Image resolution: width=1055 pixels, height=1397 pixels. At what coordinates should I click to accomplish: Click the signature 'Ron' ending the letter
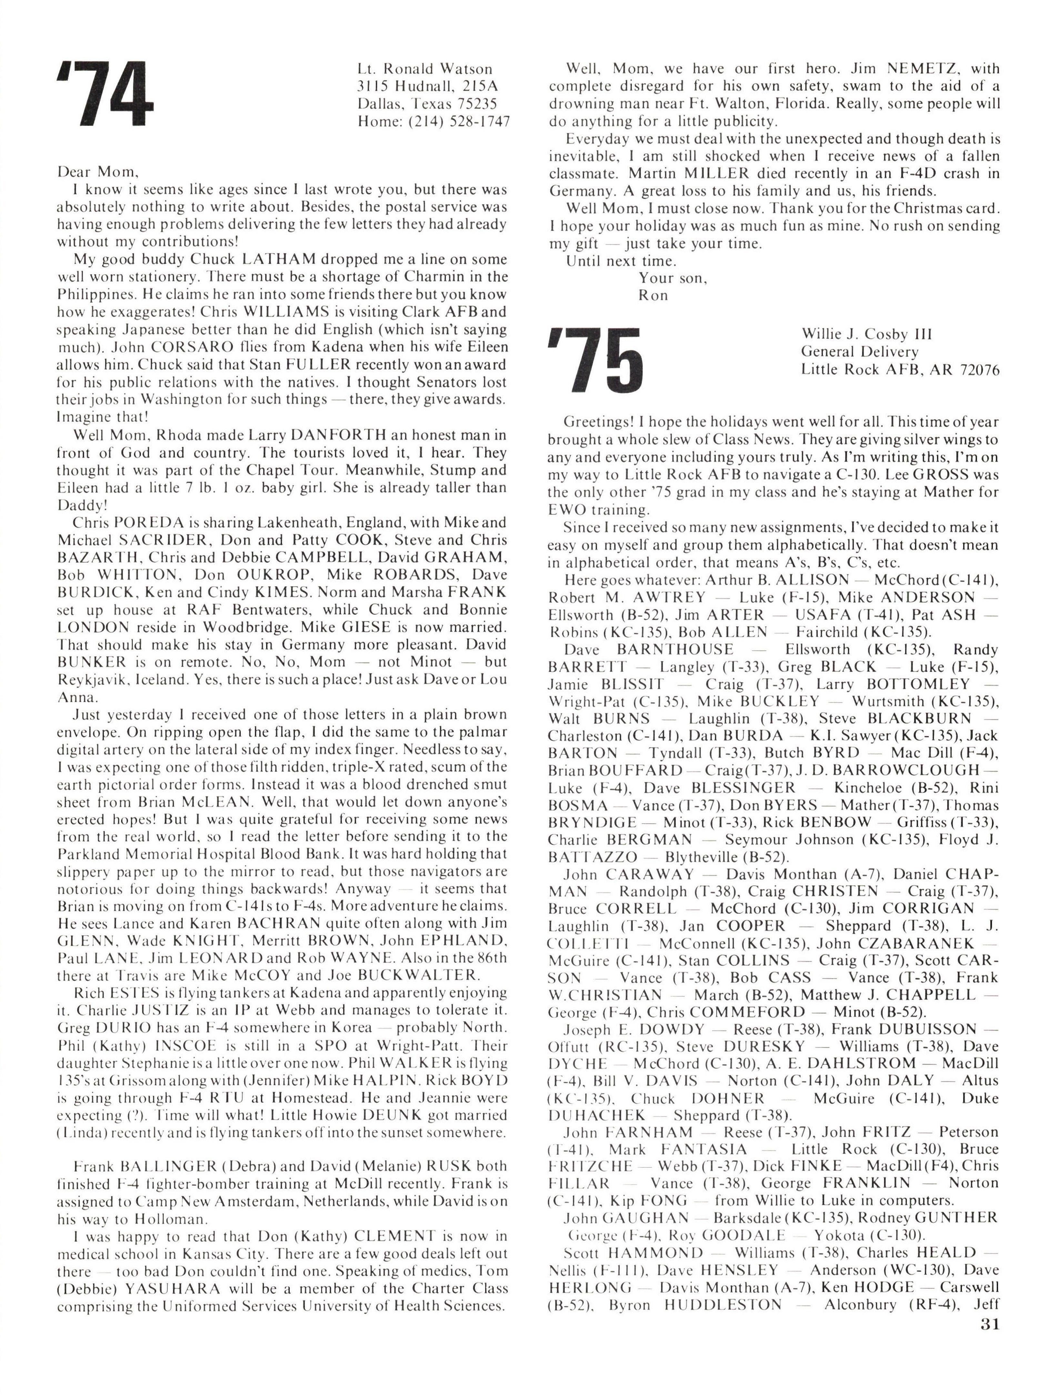click(x=653, y=296)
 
